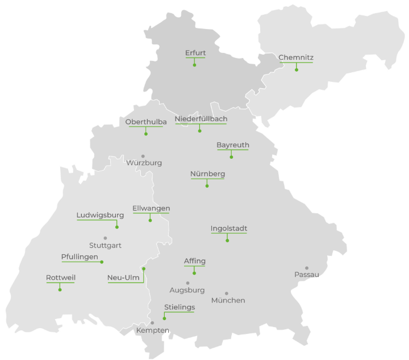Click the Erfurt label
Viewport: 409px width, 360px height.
click(195, 53)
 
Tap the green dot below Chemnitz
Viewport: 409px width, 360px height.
click(297, 70)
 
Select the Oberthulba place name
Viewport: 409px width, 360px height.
click(146, 122)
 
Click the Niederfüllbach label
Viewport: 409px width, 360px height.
click(201, 119)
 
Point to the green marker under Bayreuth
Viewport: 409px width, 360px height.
click(231, 157)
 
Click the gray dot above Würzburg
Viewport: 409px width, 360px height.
click(143, 156)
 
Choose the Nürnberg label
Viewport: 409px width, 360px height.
click(208, 173)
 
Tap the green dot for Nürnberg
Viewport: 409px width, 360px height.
click(207, 186)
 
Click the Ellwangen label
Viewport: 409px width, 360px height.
click(151, 208)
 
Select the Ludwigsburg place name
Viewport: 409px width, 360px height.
click(100, 215)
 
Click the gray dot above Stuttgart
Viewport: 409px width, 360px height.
click(105, 238)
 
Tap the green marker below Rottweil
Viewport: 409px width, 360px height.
click(60, 290)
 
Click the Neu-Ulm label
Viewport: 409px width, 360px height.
click(123, 278)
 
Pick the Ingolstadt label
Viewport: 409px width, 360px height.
click(229, 229)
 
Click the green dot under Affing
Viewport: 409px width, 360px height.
click(194, 274)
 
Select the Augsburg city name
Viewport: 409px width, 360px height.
click(187, 290)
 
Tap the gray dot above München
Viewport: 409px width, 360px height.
click(226, 293)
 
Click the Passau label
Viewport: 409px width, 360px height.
click(307, 275)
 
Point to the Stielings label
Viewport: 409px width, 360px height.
click(180, 307)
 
